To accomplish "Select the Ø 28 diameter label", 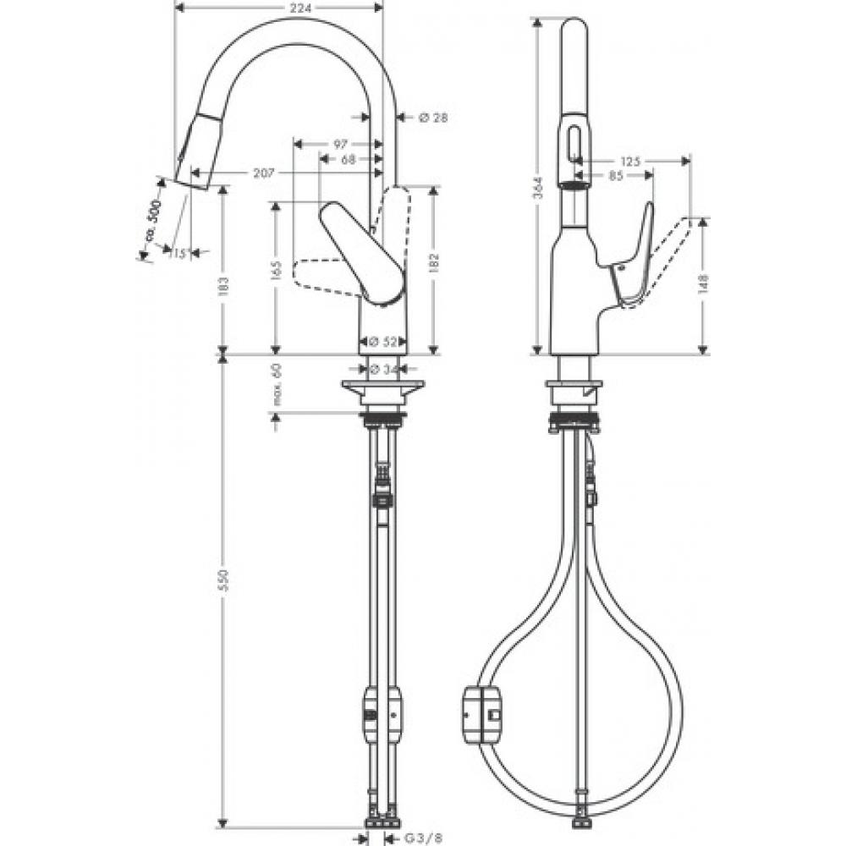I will [432, 118].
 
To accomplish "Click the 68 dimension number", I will [348, 158].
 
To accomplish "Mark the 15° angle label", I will [179, 253].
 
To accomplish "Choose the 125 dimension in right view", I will [629, 161].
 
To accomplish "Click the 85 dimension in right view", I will [615, 176].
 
